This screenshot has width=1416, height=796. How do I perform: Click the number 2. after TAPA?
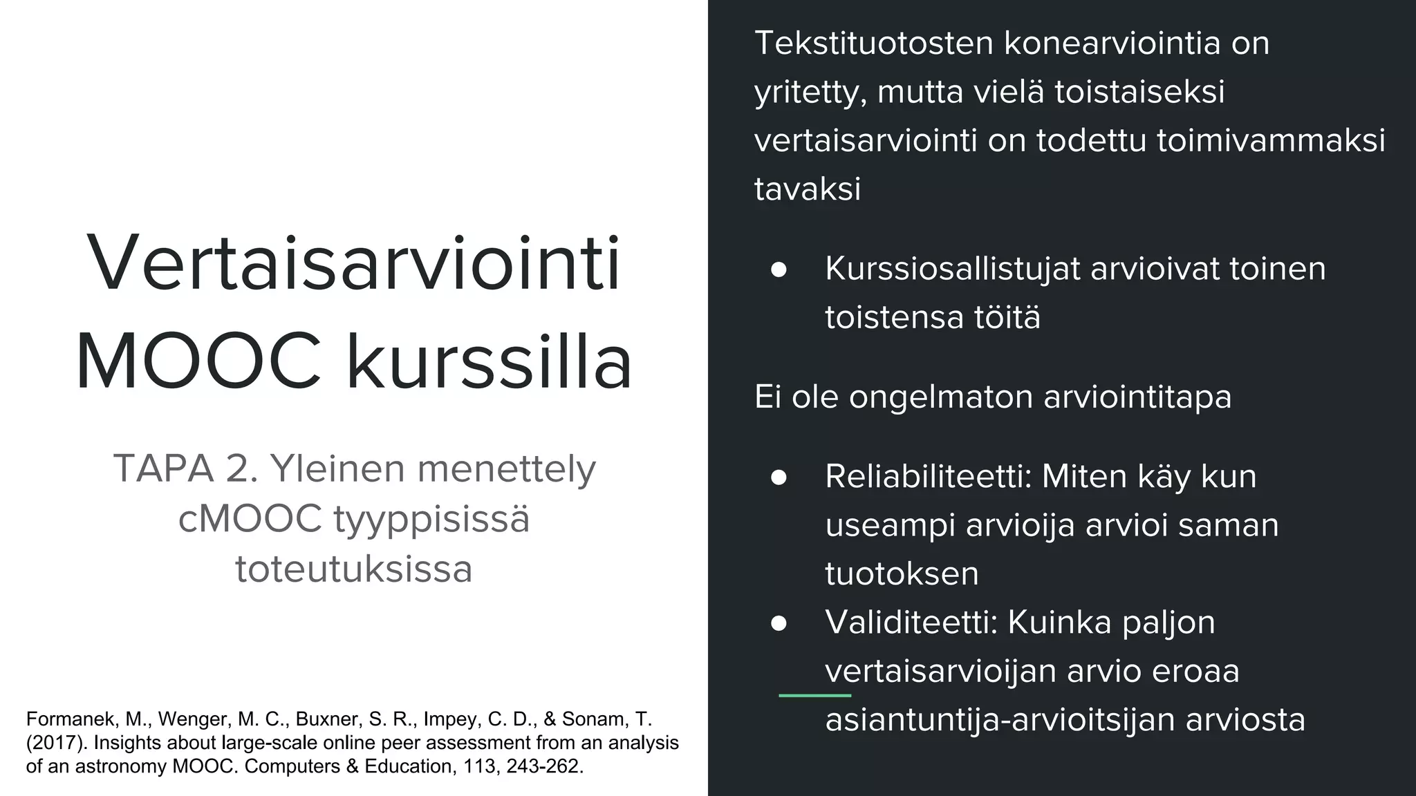(242, 468)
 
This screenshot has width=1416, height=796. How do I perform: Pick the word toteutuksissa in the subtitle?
(354, 569)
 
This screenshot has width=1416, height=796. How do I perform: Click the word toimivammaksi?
(1271, 140)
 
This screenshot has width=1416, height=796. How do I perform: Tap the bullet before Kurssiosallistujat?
(779, 269)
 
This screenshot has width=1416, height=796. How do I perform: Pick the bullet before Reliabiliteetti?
(779, 477)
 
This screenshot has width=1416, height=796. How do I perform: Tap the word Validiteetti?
(911, 623)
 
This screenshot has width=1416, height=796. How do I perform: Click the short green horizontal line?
(814, 695)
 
